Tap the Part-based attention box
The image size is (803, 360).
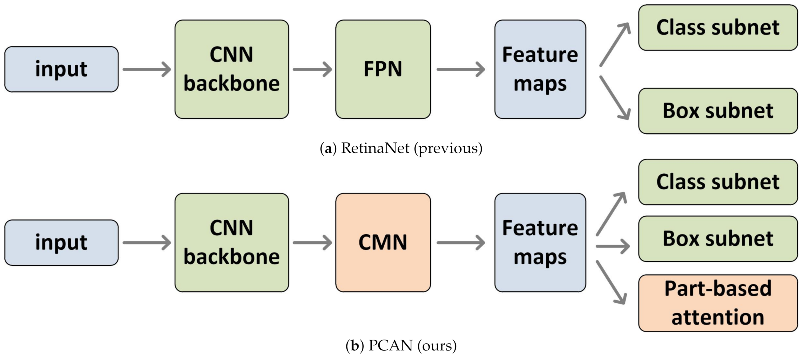[718, 303]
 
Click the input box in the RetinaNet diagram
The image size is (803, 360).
[61, 69]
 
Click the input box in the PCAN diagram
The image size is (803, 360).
[61, 242]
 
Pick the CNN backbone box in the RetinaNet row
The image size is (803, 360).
[232, 69]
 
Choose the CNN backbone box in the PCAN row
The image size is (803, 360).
[232, 242]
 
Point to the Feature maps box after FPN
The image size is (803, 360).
[540, 69]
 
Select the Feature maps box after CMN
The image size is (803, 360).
[540, 242]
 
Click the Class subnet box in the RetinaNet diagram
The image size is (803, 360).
[718, 27]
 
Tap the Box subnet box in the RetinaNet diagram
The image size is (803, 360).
[718, 111]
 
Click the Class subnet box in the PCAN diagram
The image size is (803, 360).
[718, 182]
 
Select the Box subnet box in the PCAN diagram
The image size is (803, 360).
[718, 239]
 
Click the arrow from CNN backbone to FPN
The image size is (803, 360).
[312, 69]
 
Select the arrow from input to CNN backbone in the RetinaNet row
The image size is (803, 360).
[147, 69]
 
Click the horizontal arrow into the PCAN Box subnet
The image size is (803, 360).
[612, 246]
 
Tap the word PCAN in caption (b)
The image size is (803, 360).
[390, 345]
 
